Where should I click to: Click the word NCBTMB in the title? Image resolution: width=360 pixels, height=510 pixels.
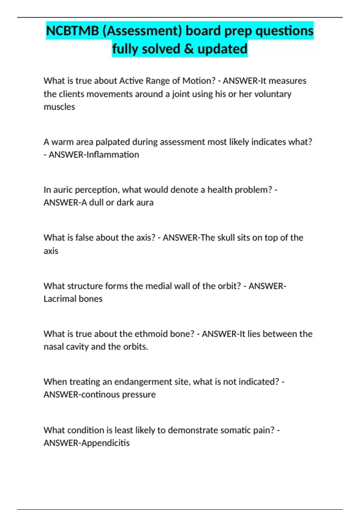(72, 31)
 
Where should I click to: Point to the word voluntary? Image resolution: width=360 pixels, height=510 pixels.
(273, 94)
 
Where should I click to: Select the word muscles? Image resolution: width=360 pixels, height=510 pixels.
(59, 107)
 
